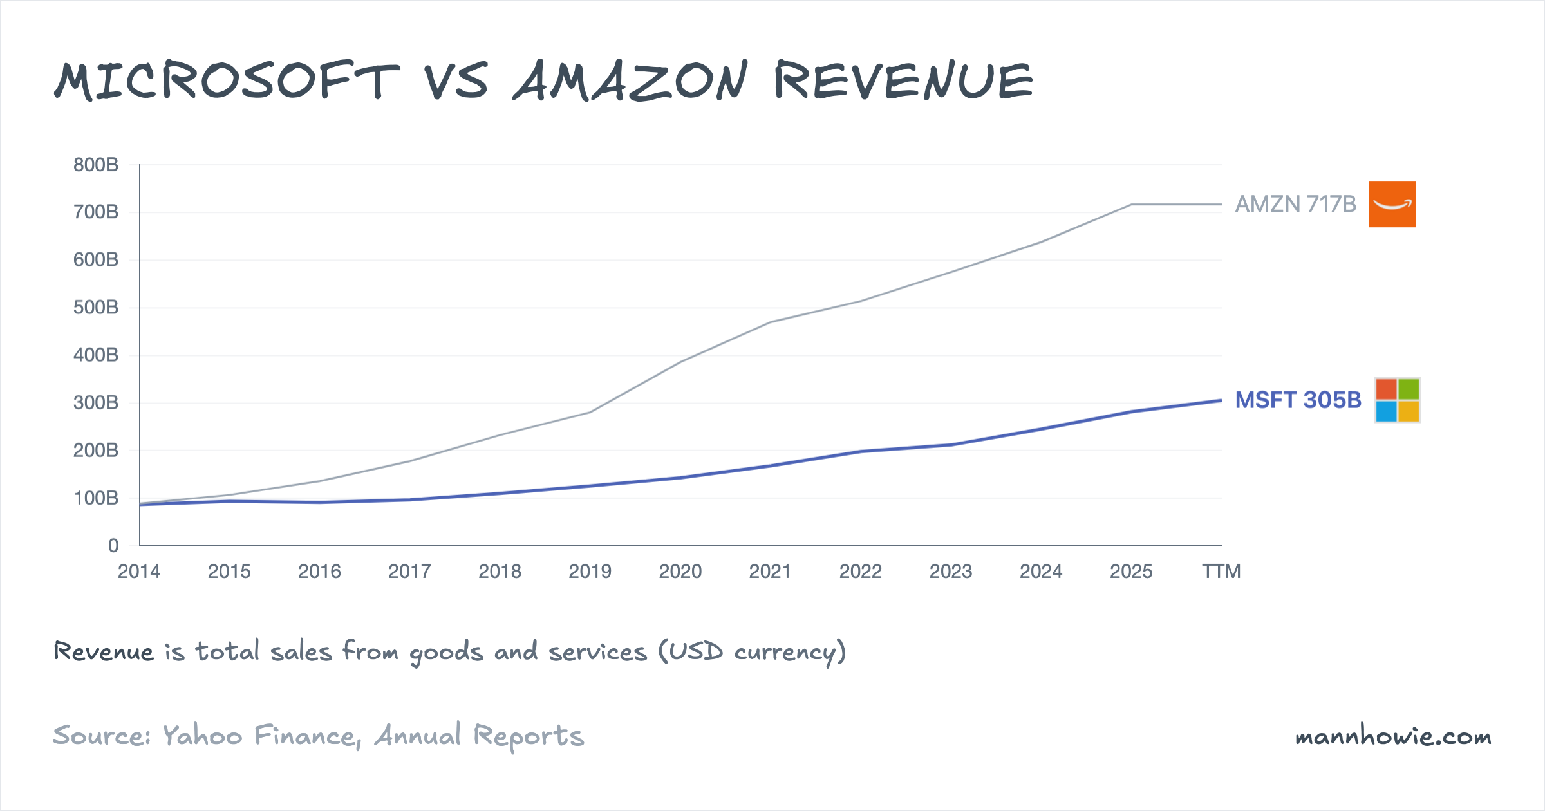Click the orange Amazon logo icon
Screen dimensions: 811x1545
[1392, 204]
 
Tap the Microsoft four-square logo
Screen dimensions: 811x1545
[1397, 400]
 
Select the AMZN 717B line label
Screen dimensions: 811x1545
[1295, 204]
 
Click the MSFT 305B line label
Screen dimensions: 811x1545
[1298, 400]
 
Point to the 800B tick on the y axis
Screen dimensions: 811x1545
[96, 165]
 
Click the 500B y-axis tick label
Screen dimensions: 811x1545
[96, 307]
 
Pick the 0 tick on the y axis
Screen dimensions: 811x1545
[113, 546]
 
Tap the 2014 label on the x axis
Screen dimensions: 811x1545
[139, 572]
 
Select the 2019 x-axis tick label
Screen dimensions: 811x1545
[590, 572]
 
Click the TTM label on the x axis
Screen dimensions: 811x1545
[1221, 572]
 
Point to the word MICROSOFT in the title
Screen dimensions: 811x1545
[227, 82]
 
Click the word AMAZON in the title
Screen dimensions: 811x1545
[631, 82]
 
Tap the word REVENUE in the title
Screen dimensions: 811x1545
[903, 82]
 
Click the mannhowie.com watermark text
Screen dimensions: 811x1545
[1393, 736]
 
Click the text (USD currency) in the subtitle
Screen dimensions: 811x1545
[752, 652]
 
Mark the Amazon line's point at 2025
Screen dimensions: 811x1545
[1131, 205]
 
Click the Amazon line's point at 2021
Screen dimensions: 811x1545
[771, 322]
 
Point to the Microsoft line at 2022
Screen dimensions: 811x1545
[861, 451]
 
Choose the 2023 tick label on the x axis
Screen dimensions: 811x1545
[951, 572]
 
